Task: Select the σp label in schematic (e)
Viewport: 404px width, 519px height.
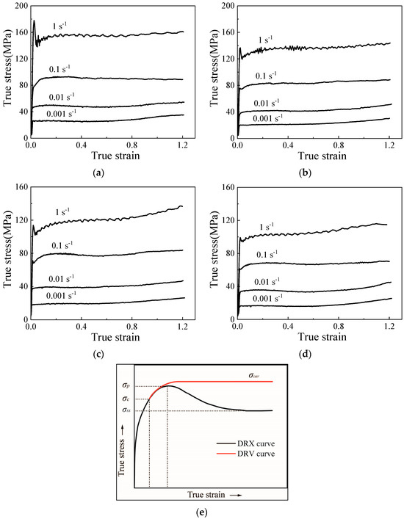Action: [127, 386]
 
